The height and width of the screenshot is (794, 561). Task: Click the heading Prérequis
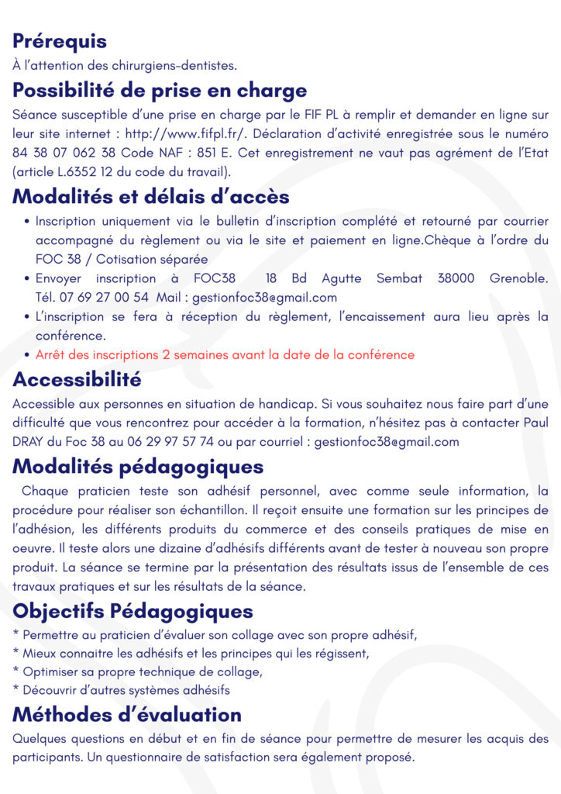click(60, 41)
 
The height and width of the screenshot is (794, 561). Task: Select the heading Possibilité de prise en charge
click(160, 91)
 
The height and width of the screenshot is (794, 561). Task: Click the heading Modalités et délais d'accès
click(151, 197)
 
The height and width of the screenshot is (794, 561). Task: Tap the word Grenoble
click(520, 278)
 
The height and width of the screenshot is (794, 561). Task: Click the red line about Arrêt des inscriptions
click(225, 354)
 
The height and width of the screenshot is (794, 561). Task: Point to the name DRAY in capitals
click(29, 442)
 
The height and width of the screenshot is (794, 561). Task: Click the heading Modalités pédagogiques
click(138, 467)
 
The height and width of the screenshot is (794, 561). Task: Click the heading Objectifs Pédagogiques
click(133, 611)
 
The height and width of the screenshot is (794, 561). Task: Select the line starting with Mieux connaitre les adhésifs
click(191, 654)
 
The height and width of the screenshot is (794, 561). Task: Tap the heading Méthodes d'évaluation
click(127, 713)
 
